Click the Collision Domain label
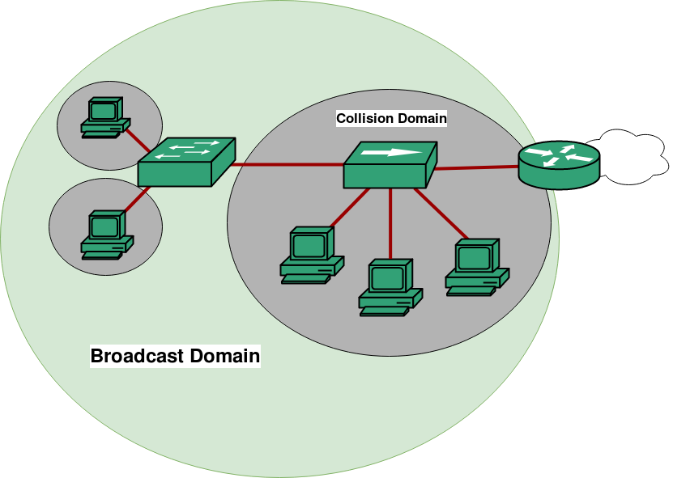click(391, 118)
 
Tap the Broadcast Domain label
click(175, 356)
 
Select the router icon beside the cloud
click(560, 164)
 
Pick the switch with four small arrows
click(186, 163)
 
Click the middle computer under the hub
click(390, 286)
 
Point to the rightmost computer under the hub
click(477, 265)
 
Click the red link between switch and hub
click(288, 165)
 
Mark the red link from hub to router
click(476, 168)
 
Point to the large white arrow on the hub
click(391, 152)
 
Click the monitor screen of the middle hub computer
click(388, 277)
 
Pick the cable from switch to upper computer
click(140, 141)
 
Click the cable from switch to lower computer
click(138, 198)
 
